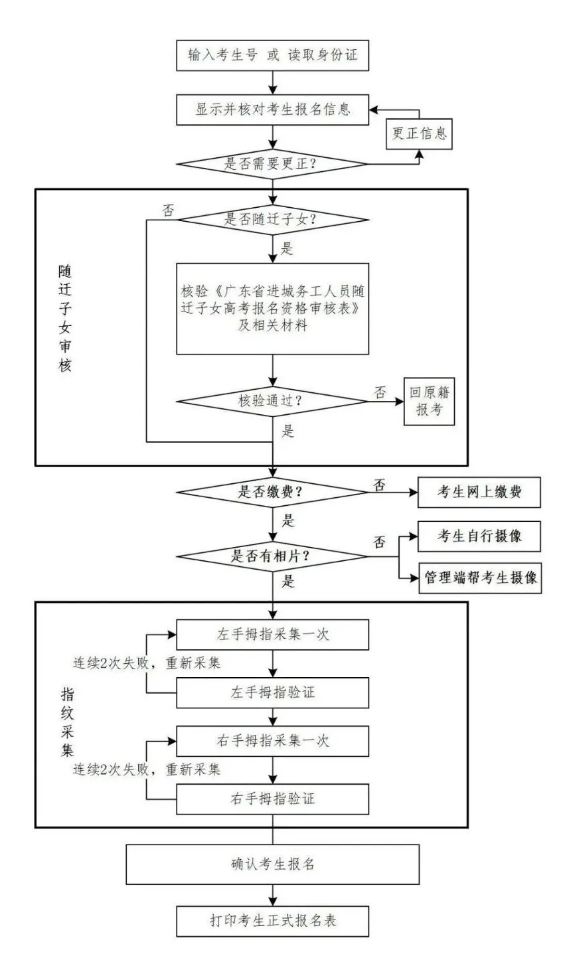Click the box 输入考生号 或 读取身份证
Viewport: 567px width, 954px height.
[x=272, y=55]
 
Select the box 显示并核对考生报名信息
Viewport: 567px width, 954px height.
[x=272, y=110]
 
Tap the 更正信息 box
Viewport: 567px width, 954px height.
[x=420, y=134]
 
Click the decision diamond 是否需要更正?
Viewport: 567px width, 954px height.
[x=272, y=163]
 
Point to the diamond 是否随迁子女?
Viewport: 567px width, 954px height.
[x=272, y=220]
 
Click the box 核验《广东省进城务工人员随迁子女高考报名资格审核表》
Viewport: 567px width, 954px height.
[x=272, y=309]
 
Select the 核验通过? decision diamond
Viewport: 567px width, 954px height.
[x=272, y=401]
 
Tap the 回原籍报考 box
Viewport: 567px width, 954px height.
[x=429, y=401]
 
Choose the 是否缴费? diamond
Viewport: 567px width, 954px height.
[x=272, y=493]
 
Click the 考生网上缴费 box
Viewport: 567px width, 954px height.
[x=479, y=493]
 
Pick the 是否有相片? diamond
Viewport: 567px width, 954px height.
[x=272, y=557]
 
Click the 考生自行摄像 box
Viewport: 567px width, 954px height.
[x=479, y=536]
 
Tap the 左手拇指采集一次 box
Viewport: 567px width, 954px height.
[x=272, y=635]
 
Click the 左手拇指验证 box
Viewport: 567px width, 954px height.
[x=272, y=693]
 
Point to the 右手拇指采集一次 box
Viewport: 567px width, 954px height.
[x=272, y=740]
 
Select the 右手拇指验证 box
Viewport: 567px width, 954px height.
[x=272, y=799]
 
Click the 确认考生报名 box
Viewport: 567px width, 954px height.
[x=272, y=864]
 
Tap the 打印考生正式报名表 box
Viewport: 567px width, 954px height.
[x=272, y=921]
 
